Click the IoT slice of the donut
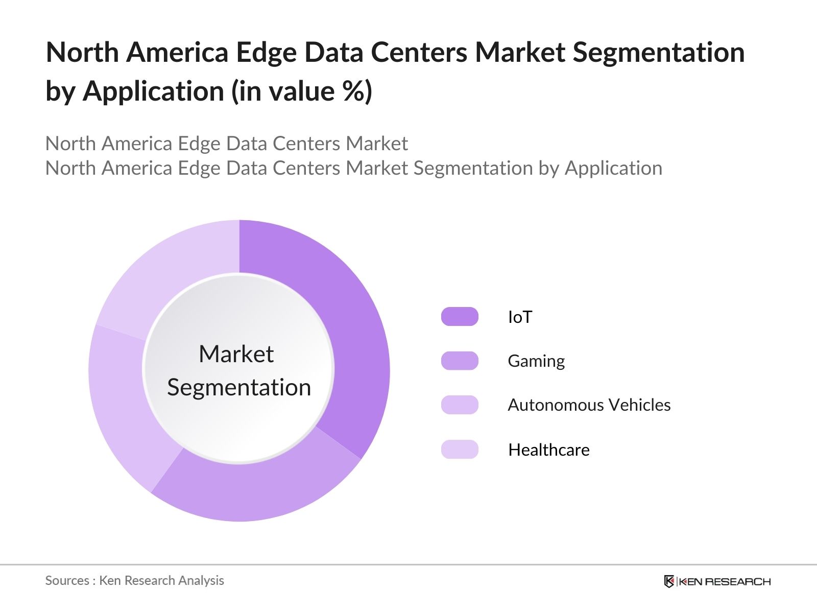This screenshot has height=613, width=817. tap(352, 327)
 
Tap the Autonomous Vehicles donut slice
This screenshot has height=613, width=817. tap(123, 404)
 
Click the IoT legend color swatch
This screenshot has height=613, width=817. tap(460, 317)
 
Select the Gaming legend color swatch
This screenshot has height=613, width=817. tap(460, 361)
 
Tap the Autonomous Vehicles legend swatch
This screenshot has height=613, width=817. tap(460, 405)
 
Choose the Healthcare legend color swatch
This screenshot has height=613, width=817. tap(460, 450)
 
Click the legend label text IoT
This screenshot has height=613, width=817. tap(520, 317)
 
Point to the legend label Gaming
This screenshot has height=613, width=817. tap(536, 361)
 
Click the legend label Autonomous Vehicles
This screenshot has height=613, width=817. tap(589, 405)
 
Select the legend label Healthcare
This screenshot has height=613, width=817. tap(549, 450)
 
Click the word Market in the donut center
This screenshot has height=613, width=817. tap(236, 354)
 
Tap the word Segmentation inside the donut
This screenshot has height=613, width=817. tap(239, 387)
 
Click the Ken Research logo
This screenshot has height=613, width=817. tap(717, 581)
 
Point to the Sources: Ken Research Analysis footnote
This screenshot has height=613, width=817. tap(134, 580)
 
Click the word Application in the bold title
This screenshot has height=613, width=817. tap(153, 91)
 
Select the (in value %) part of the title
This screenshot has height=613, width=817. tap(302, 91)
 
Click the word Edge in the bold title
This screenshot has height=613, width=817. tap(266, 53)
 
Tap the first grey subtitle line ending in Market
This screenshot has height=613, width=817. tap(226, 144)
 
